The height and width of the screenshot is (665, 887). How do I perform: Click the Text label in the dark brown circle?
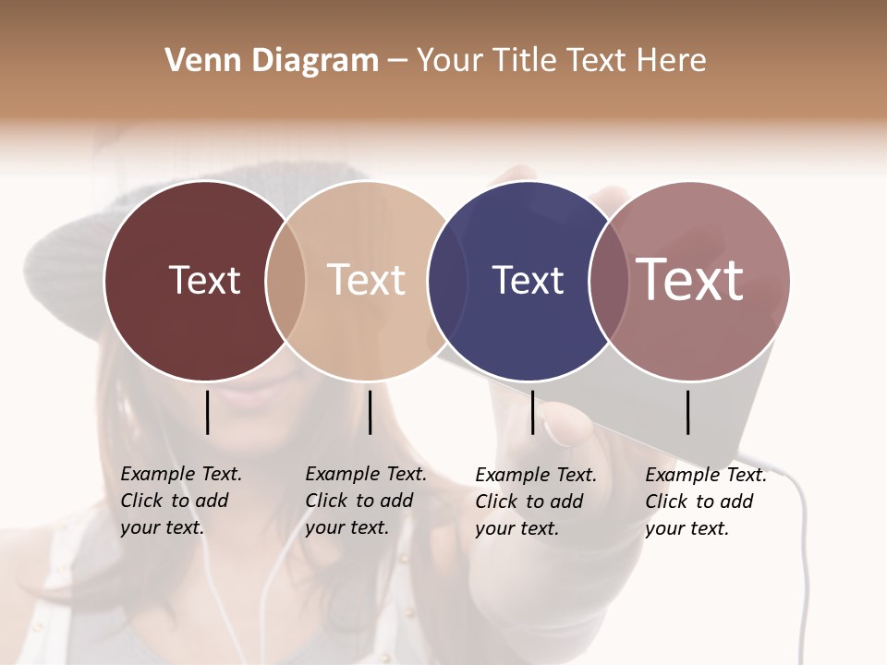204,280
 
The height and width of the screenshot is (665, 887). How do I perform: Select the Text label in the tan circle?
367,280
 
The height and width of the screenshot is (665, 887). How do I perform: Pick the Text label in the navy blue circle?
528,280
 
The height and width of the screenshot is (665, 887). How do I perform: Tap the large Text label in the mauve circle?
690,279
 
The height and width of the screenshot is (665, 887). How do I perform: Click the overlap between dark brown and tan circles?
286,281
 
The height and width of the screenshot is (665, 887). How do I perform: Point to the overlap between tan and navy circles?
447,281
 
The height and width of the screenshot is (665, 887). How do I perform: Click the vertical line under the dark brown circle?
207,412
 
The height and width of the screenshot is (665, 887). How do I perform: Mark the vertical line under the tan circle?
370,412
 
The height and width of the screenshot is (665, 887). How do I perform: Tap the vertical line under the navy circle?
532,412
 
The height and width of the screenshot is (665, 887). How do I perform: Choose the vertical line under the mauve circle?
688,412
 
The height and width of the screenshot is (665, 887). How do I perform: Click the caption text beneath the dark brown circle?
181,501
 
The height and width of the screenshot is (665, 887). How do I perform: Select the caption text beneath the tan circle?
366,501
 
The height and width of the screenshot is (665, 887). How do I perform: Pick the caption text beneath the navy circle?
536,502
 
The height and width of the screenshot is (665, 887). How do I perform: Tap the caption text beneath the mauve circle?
706,502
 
